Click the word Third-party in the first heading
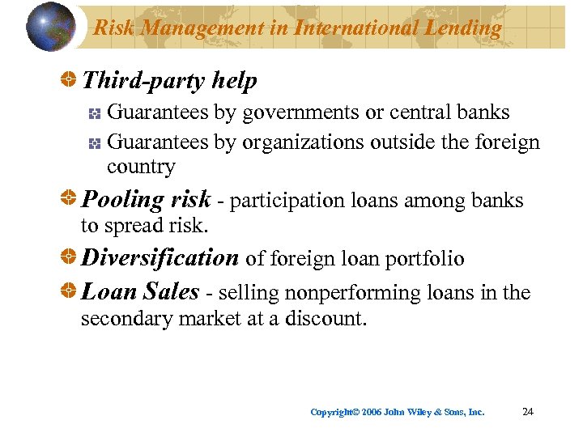pyautogui.click(x=143, y=80)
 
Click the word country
pyautogui.click(x=141, y=167)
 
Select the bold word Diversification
pyautogui.click(x=160, y=257)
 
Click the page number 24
pyautogui.click(x=528, y=412)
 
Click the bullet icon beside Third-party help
pyautogui.click(x=70, y=80)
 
